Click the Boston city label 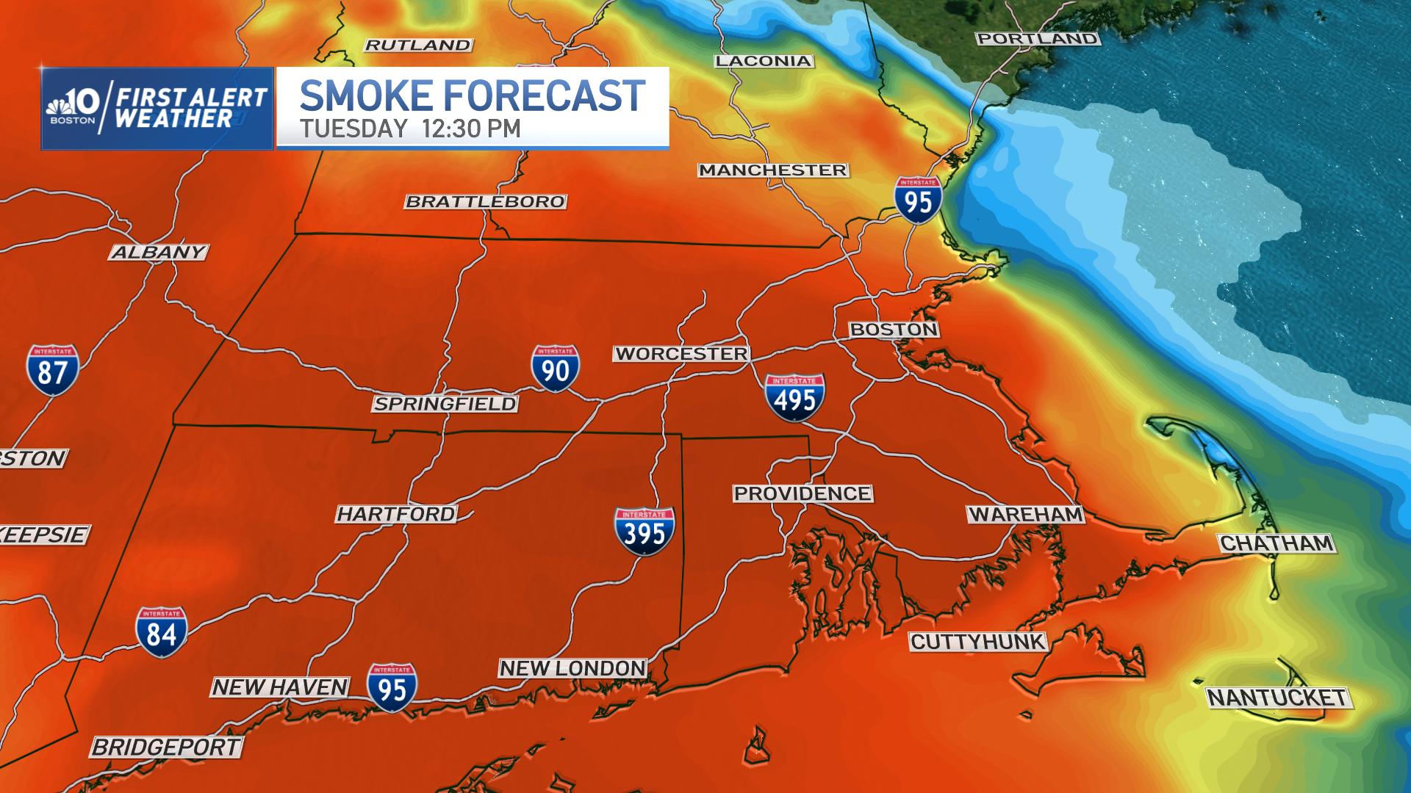[894, 330]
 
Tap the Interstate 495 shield [794, 397]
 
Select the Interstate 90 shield [555, 369]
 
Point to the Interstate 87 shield [52, 370]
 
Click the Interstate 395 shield [645, 531]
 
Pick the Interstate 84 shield [161, 631]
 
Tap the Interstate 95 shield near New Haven [392, 687]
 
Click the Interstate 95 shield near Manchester [918, 200]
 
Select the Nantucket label [1277, 698]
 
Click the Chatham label [1277, 543]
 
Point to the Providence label [803, 493]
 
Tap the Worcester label [681, 354]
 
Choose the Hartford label [396, 514]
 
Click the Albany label [159, 253]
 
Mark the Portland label [1038, 39]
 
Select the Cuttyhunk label [977, 642]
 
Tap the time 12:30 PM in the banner [471, 129]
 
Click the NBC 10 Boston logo [73, 107]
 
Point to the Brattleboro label [486, 201]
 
